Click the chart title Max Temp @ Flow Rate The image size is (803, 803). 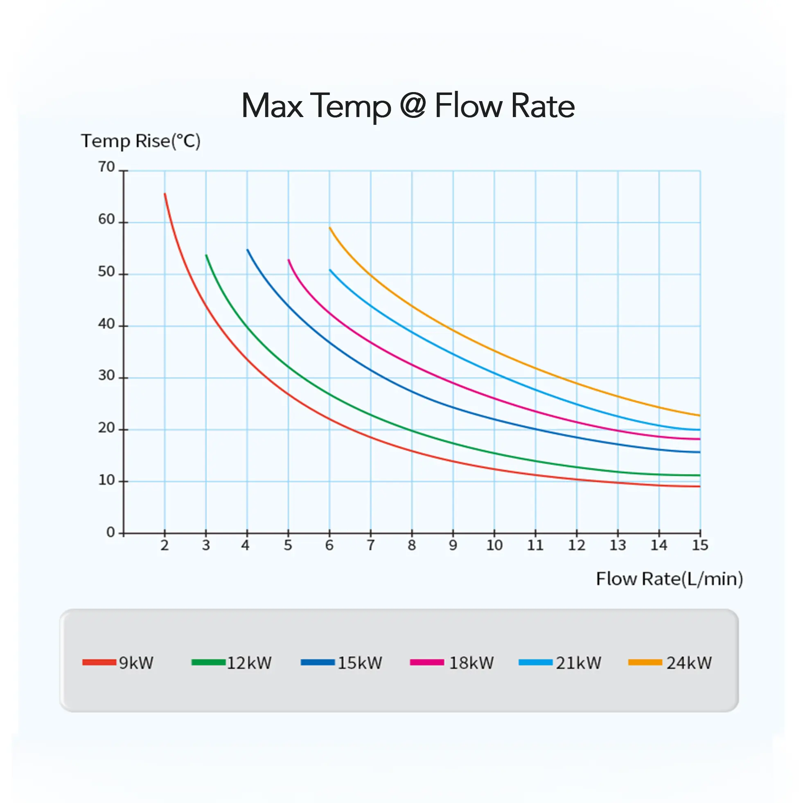[x=408, y=106]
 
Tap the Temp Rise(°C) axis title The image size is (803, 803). [x=140, y=141]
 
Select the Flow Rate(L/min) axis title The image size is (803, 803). [x=669, y=579]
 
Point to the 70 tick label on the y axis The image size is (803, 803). [x=106, y=167]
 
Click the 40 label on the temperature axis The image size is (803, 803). [x=106, y=324]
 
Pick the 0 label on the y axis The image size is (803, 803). [x=111, y=532]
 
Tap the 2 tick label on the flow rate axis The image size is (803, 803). [x=165, y=545]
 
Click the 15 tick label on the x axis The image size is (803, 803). [x=700, y=545]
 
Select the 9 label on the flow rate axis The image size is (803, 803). [x=453, y=545]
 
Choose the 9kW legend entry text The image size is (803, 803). [x=136, y=663]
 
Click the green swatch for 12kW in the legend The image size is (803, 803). [x=208, y=663]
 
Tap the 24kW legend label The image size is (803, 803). [x=689, y=663]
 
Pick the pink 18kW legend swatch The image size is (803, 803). [x=427, y=663]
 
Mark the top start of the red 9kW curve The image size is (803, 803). [x=165, y=194]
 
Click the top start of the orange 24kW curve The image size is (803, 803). [x=330, y=228]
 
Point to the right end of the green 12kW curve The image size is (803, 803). [x=699, y=475]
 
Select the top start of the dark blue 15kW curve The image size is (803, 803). [x=248, y=250]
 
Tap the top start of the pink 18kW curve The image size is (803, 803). [x=289, y=260]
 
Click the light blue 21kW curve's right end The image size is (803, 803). [x=699, y=430]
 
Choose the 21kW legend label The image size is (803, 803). [x=579, y=663]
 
